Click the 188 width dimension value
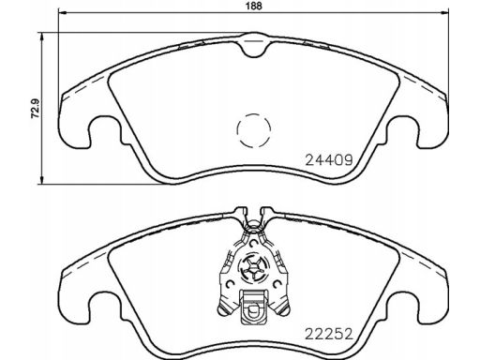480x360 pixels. [x=253, y=6]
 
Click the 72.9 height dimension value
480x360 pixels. [x=36, y=109]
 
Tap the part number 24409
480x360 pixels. [x=329, y=160]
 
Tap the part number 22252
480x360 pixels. [x=329, y=334]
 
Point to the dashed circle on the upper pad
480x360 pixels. [x=253, y=130]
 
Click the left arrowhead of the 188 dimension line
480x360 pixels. [x=63, y=13]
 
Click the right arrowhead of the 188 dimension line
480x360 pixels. [x=444, y=13]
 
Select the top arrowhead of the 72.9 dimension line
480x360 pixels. [x=41, y=37]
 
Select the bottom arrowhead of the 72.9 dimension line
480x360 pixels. [x=41, y=180]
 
